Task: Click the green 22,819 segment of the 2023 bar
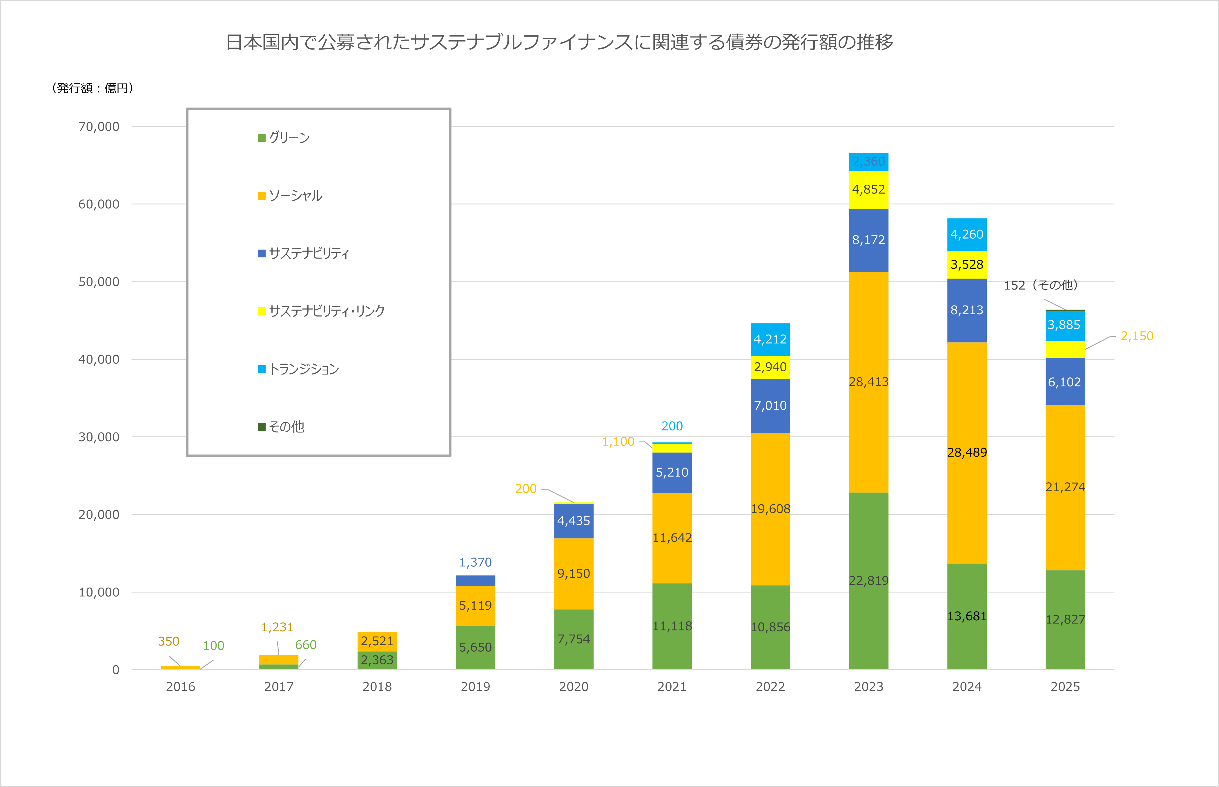click(868, 581)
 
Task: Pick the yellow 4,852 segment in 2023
click(868, 190)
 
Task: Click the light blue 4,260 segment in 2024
click(966, 235)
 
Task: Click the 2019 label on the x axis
click(475, 687)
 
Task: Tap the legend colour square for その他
click(262, 427)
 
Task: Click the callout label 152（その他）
click(1041, 285)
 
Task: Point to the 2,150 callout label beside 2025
click(1137, 336)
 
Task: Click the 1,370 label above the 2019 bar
click(475, 563)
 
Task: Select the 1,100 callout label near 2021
click(618, 441)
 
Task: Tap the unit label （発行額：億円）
click(92, 88)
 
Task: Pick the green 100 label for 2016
click(214, 646)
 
